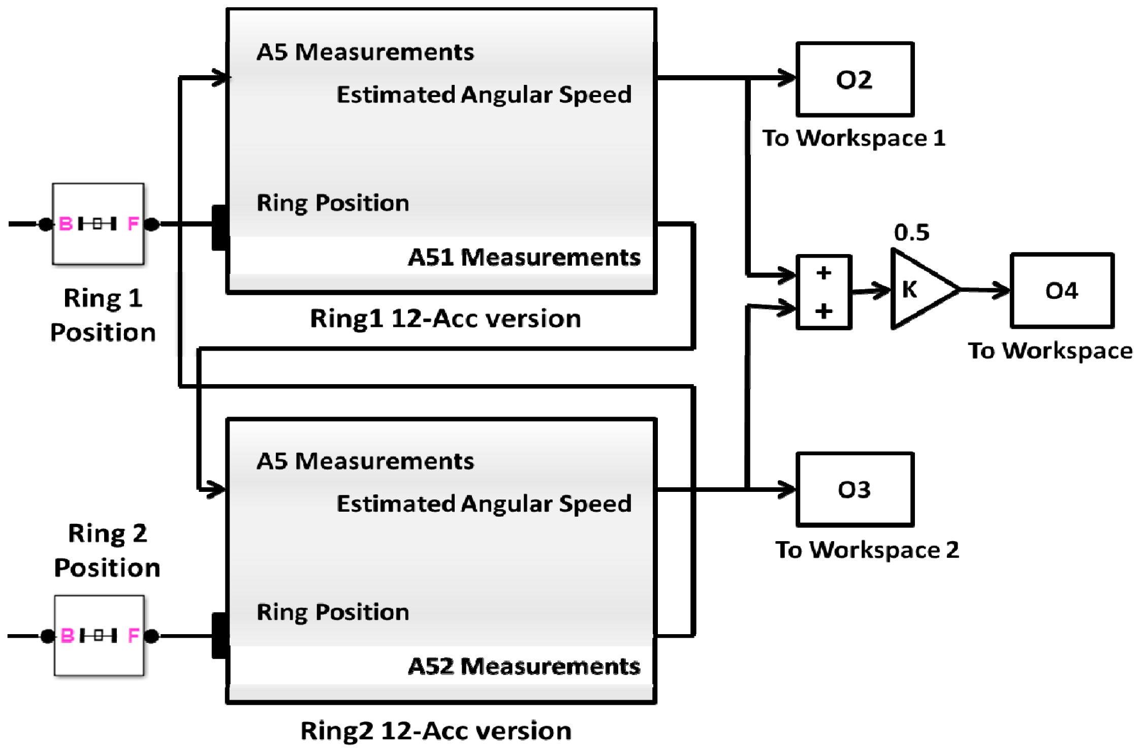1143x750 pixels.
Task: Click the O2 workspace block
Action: click(854, 80)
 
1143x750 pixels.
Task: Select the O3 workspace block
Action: click(854, 490)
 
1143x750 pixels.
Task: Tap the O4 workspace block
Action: click(1062, 291)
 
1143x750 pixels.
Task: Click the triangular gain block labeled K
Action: click(919, 289)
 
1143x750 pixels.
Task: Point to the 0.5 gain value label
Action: click(911, 233)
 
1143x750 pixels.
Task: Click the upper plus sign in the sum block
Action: click(823, 273)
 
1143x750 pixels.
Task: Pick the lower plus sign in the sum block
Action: click(823, 310)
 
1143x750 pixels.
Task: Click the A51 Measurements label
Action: click(524, 257)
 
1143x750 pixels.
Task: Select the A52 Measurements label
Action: click(524, 666)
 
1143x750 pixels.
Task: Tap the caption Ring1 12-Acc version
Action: click(445, 319)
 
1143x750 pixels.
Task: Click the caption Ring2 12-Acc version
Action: click(436, 731)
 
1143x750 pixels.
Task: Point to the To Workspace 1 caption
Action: click(853, 138)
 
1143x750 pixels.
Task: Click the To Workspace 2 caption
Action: click(867, 550)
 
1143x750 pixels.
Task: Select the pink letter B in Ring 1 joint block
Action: click(66, 224)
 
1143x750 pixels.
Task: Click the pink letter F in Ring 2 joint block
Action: click(134, 635)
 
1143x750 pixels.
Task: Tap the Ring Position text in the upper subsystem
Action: click(333, 203)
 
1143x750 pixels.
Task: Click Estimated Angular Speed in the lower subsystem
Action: click(484, 504)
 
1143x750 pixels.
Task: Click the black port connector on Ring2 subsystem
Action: click(219, 635)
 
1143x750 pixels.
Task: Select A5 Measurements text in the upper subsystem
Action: click(365, 52)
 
